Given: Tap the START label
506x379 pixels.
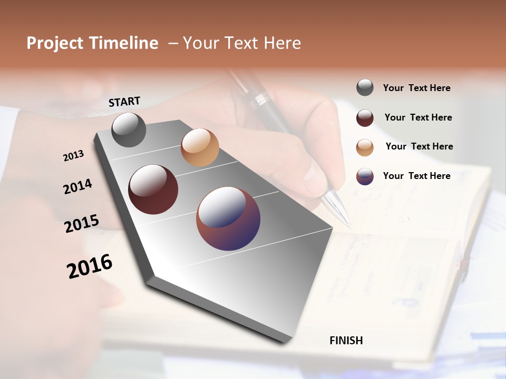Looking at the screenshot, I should coord(124,102).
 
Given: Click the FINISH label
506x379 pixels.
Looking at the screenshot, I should coord(346,341).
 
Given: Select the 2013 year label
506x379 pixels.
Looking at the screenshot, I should coord(74,156).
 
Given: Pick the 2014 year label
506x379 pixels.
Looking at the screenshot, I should coord(77,186).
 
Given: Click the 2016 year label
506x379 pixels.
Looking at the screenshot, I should coord(90,266).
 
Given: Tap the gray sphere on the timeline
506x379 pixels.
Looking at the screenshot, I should coord(129,129).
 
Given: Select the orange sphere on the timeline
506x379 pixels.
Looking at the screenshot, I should coord(200,147).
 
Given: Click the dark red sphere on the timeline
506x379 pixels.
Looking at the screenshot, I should coord(153,189).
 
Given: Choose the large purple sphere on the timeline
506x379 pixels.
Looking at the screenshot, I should coord(228,218).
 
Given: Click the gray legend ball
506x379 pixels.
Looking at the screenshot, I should coord(365,87).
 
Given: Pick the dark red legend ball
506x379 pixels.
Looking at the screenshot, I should coord(365,118).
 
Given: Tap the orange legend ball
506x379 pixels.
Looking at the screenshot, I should coord(365,147).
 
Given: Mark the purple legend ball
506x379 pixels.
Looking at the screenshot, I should coord(365,176).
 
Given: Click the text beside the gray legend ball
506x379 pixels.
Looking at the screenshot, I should coord(416,88).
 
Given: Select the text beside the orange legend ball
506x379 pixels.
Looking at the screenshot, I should coord(419,146).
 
